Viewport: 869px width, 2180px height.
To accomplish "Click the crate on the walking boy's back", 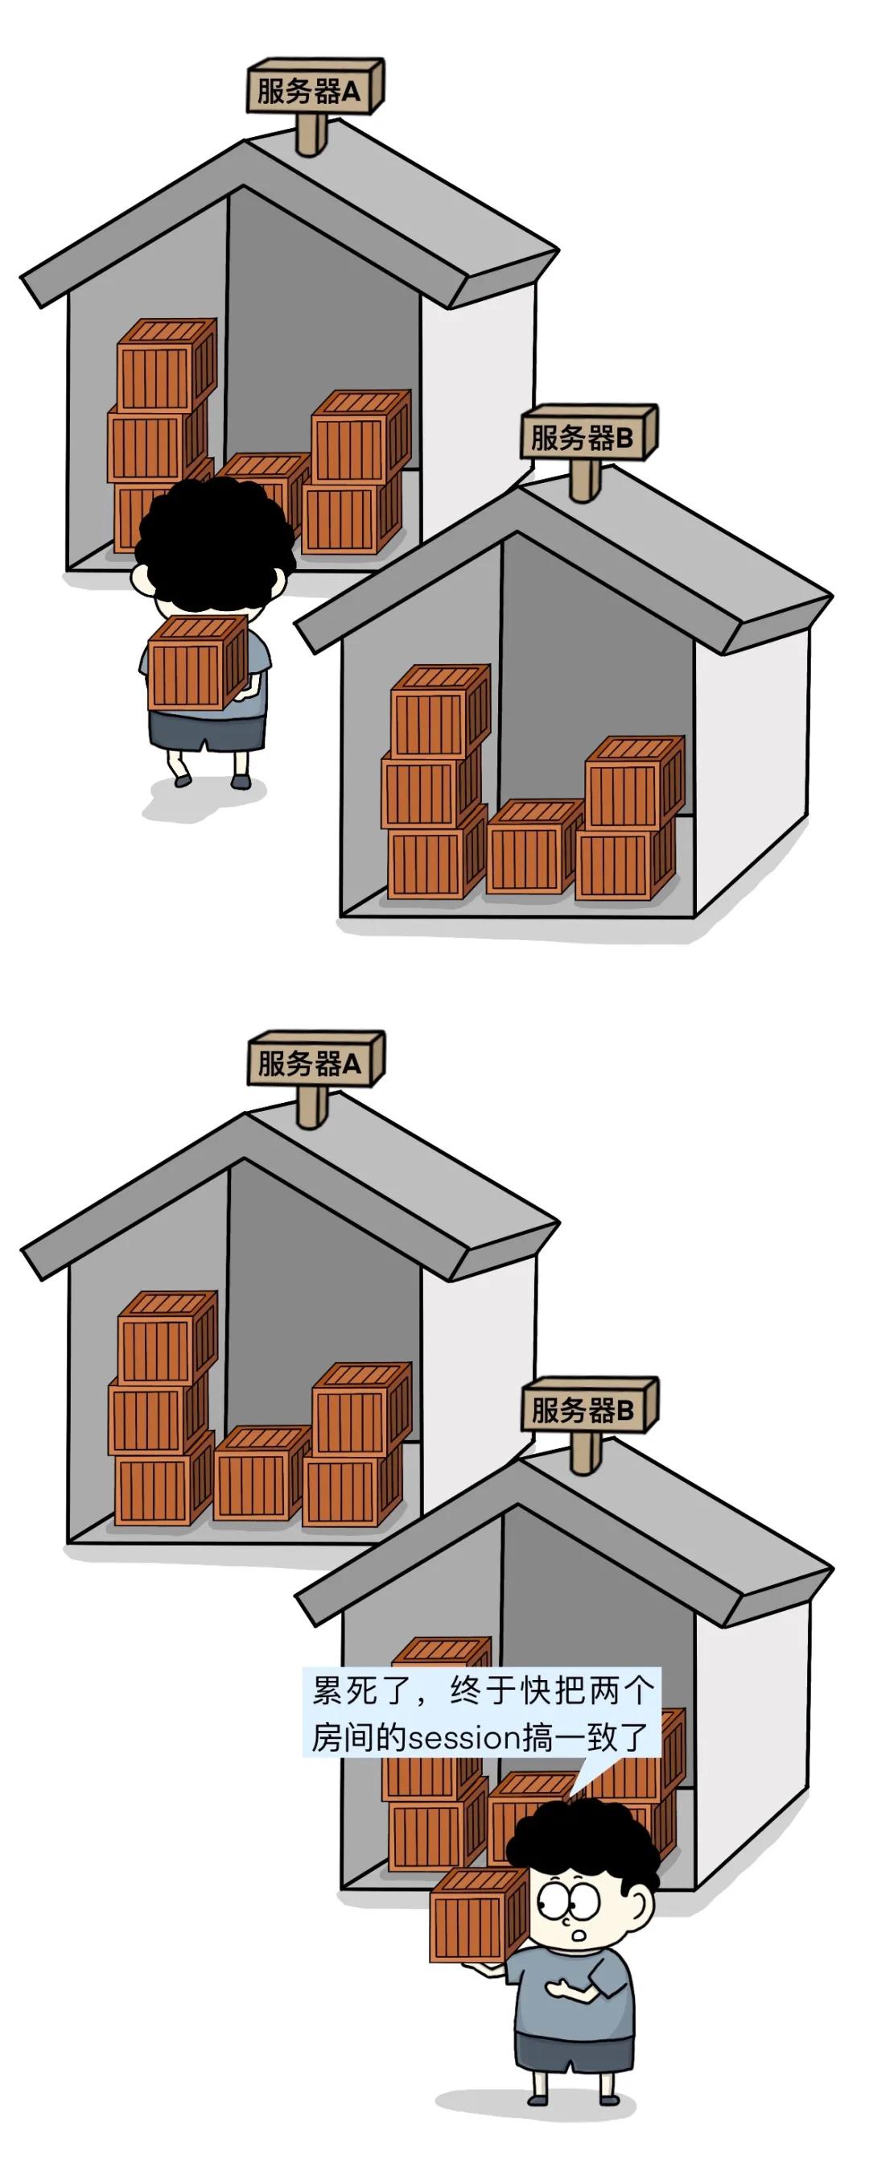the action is click(198, 663).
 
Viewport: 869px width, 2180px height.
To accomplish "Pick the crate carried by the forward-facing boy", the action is click(480, 1914).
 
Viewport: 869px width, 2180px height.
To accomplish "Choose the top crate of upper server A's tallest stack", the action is click(167, 365).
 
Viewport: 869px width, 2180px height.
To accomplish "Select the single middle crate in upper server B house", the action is click(534, 845).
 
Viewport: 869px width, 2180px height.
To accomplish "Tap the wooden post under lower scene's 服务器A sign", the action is click(312, 1105).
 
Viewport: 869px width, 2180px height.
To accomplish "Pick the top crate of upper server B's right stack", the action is click(635, 782).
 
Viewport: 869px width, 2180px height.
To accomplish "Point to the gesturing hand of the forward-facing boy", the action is click(560, 1986).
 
